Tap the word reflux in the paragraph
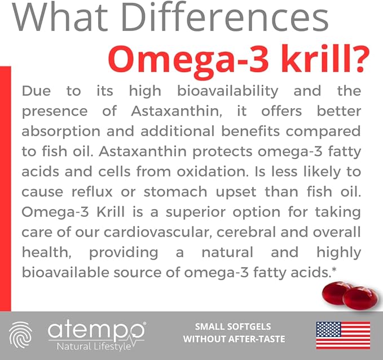[x=102, y=192]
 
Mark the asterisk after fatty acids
[x=334, y=271]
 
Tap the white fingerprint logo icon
[x=21, y=335]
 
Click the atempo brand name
[x=96, y=330]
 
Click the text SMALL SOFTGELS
[x=233, y=327]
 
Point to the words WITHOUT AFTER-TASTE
[x=234, y=339]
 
